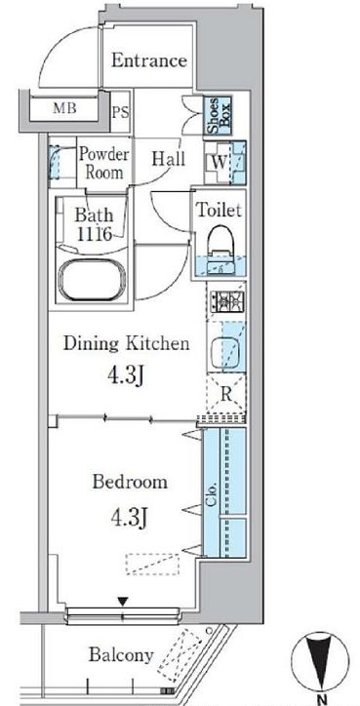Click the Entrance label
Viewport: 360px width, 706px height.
tap(149, 60)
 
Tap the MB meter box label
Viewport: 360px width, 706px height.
tap(64, 108)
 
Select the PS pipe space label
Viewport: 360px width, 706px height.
tap(120, 112)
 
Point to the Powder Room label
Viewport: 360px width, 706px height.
tap(104, 163)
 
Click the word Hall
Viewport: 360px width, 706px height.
tap(168, 159)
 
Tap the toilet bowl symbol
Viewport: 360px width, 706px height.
tap(220, 241)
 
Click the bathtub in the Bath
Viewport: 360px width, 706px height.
tap(92, 280)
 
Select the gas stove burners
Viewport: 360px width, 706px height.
tap(227, 300)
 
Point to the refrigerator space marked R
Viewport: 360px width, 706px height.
tap(226, 394)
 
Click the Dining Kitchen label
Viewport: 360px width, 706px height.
tap(126, 343)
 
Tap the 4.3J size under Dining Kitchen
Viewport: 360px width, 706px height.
tap(125, 375)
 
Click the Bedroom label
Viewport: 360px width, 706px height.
tap(130, 482)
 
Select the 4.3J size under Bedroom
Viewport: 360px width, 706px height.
tap(130, 518)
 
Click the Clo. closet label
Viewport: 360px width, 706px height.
tap(212, 493)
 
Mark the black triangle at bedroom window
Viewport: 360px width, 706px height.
tap(123, 602)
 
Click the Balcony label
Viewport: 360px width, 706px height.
tap(121, 654)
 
